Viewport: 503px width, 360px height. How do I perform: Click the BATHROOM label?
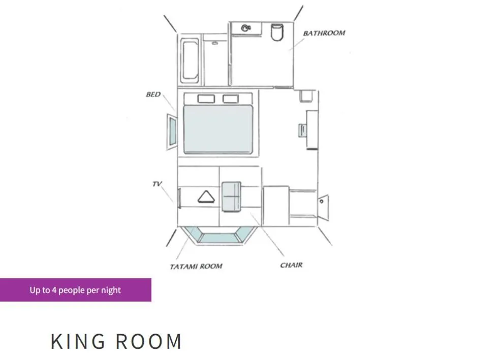pos(324,33)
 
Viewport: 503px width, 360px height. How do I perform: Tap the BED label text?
pos(153,94)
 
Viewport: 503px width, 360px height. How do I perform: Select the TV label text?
pos(157,184)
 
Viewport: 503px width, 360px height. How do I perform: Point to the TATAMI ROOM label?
pos(196,266)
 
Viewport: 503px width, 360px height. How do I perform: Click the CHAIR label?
pos(291,265)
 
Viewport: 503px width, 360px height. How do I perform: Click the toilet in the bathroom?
pos(276,32)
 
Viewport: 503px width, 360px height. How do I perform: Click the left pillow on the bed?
pos(205,99)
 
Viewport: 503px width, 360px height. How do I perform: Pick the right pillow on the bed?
pos(231,99)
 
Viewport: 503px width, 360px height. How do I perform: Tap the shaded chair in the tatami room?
pos(231,195)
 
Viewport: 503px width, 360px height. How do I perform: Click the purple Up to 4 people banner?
pos(75,290)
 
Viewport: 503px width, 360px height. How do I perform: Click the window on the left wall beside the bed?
pos(171,132)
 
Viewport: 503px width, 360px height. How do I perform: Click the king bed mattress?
pos(218,129)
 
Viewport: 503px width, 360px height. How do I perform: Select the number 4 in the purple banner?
pos(54,290)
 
